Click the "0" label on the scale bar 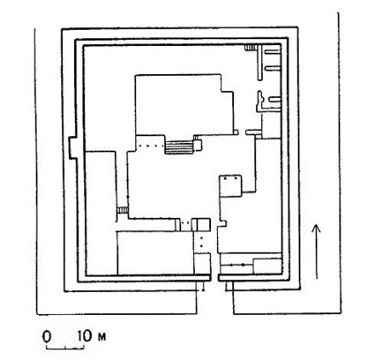pos(47,337)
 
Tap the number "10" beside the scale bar pos(85,336)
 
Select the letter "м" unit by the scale pos(101,337)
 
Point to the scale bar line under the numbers pos(66,346)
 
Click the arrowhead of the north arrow pos(316,229)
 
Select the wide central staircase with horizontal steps pos(180,148)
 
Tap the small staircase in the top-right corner pos(250,48)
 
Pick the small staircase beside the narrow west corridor pos(123,210)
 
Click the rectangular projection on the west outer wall pos(73,148)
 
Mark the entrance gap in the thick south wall pos(214,277)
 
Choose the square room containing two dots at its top pos(231,186)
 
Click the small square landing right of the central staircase pos(197,146)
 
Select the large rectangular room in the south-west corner pos(156,253)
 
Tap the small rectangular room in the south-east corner pos(267,266)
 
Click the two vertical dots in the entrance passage pos(202,242)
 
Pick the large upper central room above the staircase pos(185,105)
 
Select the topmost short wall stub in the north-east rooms pos(272,52)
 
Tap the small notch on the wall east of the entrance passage pos(225,224)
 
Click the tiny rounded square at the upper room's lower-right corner pos(236,132)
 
